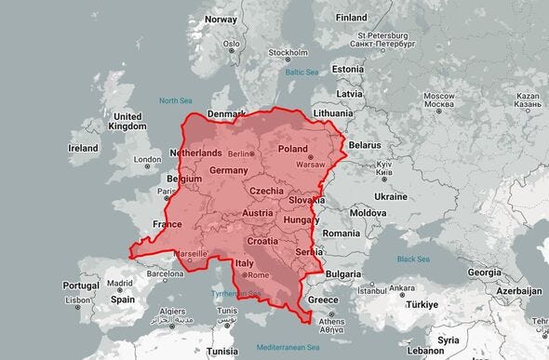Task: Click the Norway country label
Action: [x=221, y=19]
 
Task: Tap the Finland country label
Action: [x=351, y=17]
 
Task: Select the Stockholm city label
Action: [x=288, y=53]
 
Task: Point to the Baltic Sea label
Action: [x=302, y=72]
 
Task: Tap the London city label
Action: [x=147, y=159]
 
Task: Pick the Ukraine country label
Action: [x=390, y=196]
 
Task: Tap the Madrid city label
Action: [x=119, y=283]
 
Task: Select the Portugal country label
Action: [x=81, y=286]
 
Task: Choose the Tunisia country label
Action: [x=221, y=352]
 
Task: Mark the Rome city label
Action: [x=258, y=275]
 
